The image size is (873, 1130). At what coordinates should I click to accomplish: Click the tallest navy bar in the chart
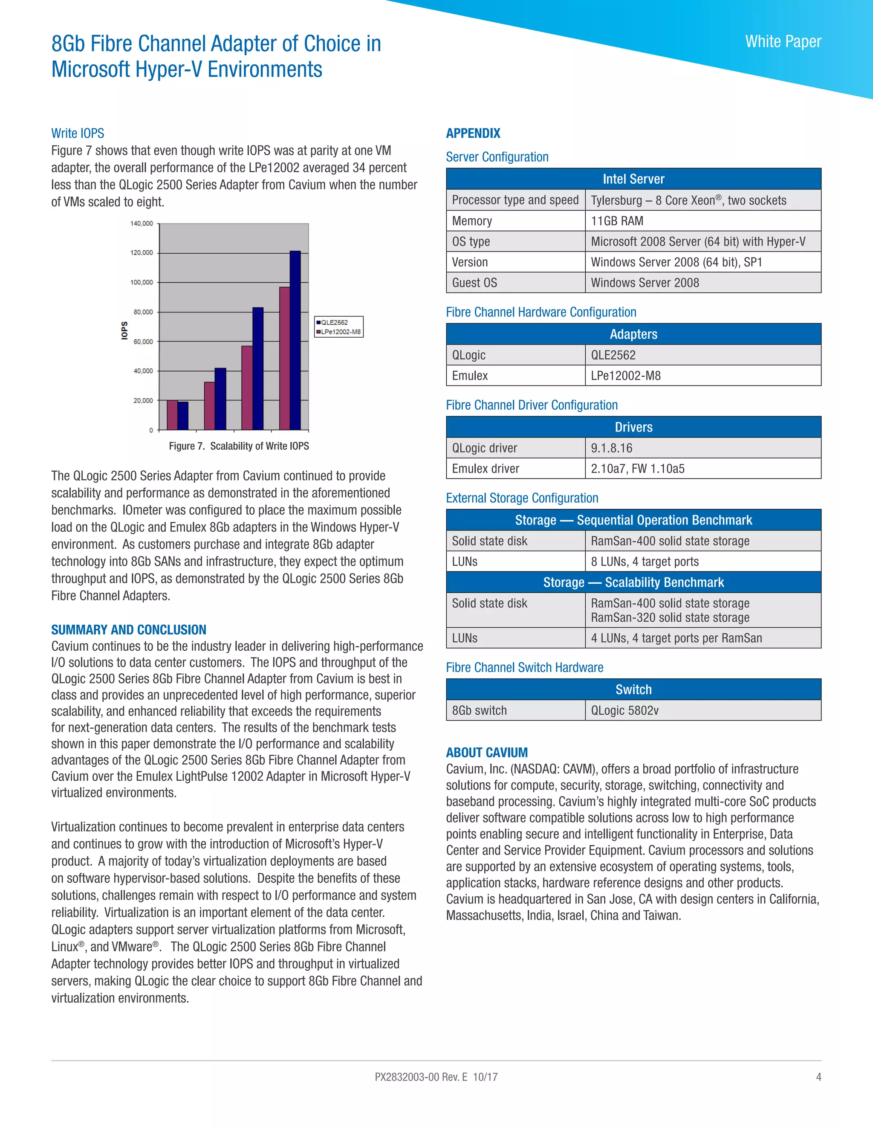[295, 340]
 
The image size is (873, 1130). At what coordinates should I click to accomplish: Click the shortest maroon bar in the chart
[172, 415]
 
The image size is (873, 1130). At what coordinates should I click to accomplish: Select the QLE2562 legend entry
[334, 322]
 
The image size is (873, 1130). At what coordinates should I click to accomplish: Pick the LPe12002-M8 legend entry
[340, 332]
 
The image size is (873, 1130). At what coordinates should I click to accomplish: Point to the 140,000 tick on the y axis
[142, 223]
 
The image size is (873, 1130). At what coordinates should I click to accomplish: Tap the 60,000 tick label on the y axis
[143, 342]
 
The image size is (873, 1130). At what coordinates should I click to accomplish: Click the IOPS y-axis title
[124, 330]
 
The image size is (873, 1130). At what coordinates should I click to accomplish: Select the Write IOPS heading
[78, 133]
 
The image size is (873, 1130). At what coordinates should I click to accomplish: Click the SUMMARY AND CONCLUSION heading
[128, 630]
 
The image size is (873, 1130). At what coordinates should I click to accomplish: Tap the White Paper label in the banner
[783, 41]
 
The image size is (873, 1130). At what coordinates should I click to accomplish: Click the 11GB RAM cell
[617, 221]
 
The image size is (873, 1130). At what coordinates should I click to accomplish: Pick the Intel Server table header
[633, 179]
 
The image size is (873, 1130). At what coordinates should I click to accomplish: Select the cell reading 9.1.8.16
[611, 448]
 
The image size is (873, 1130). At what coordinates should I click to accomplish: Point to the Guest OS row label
[474, 282]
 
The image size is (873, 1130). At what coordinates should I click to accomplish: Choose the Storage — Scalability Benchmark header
[633, 582]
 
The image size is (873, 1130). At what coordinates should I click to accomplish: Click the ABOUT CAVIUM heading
[487, 752]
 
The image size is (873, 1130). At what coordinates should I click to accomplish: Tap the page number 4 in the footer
[818, 1077]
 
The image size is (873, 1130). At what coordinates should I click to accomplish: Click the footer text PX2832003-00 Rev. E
[421, 1077]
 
